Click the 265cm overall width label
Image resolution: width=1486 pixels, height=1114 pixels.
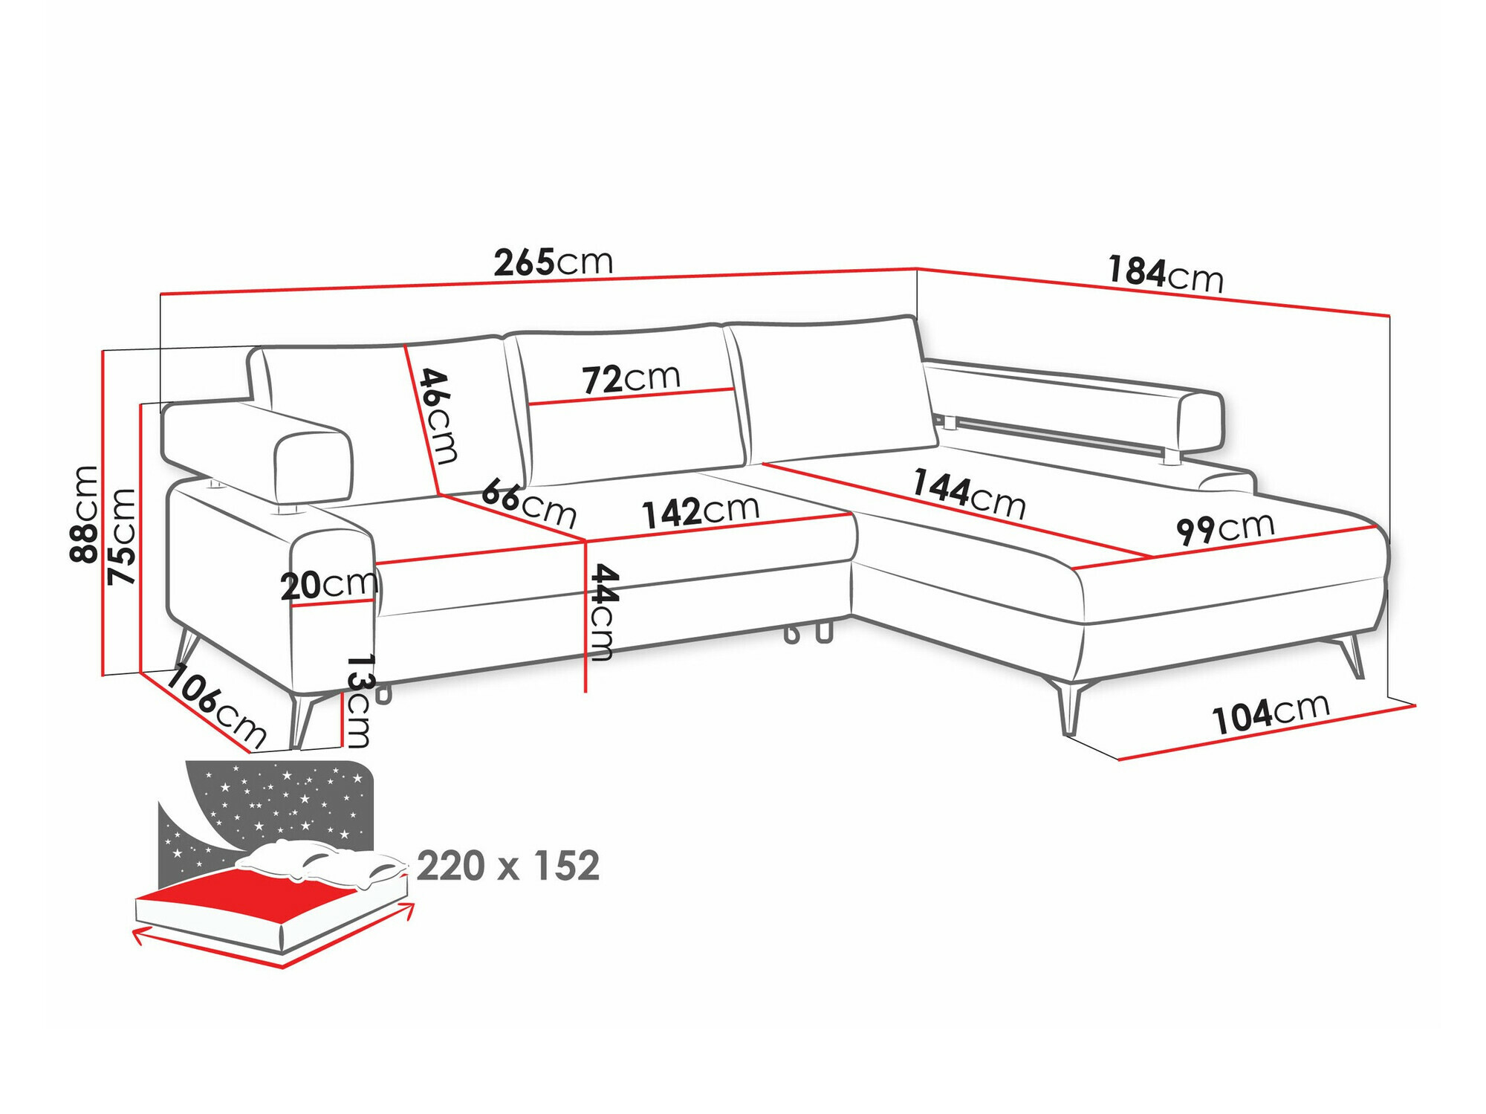pos(554,262)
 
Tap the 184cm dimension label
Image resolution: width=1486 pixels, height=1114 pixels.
pos(1165,273)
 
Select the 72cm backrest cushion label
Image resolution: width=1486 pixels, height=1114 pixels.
pos(631,378)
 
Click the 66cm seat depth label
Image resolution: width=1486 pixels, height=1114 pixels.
pos(529,503)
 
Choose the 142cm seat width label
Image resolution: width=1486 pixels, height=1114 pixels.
pos(701,511)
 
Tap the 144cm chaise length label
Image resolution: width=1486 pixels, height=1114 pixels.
pos(970,493)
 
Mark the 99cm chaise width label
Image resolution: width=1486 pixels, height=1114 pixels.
pos(1225,528)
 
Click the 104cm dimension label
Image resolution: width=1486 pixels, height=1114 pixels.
pos(1271,713)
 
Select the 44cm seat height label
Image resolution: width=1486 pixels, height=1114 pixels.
pos(603,612)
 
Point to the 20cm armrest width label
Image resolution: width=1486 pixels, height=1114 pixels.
pos(328,586)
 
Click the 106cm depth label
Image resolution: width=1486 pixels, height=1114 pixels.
pos(216,706)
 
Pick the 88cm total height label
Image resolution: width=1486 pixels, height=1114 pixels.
pos(83,514)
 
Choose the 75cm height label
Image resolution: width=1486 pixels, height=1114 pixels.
pos(121,536)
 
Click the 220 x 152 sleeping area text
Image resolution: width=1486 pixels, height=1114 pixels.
pos(508,866)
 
